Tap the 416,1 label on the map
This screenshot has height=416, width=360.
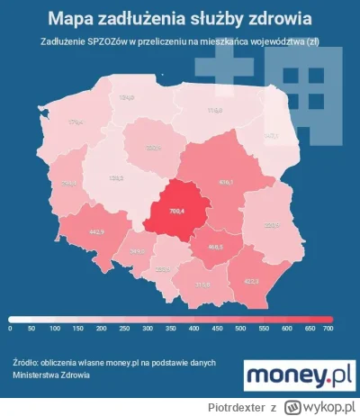(x=226, y=182)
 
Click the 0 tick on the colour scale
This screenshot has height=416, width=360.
(x=11, y=329)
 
